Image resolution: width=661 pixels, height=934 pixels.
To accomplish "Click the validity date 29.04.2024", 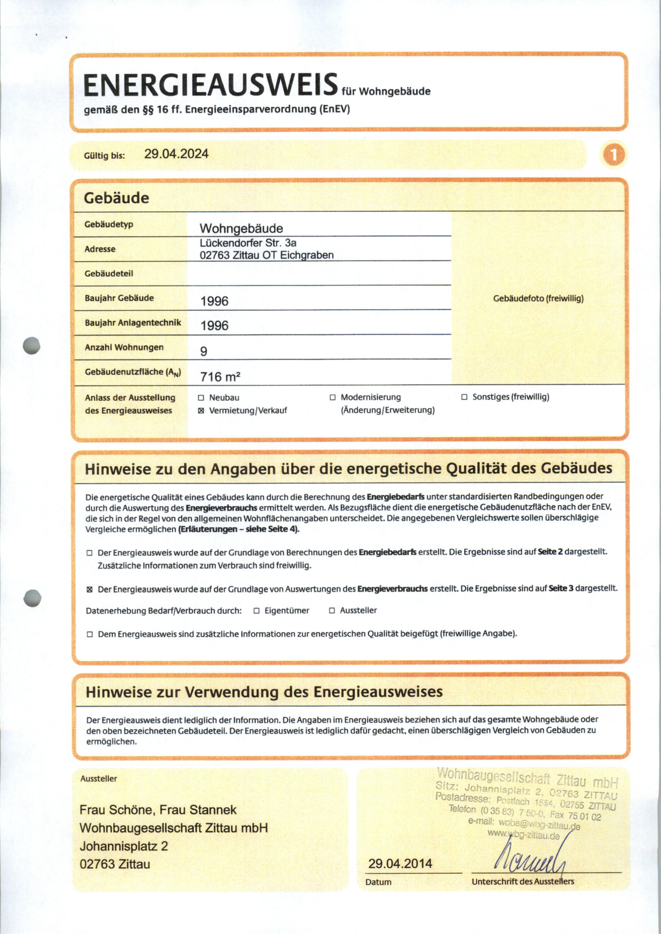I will coord(176,154).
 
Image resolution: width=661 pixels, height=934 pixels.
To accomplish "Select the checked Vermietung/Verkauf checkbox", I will coord(201,411).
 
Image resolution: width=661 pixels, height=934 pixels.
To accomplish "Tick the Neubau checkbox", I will coord(201,398).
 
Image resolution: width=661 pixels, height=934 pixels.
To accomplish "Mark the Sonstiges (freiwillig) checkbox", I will coord(464,397).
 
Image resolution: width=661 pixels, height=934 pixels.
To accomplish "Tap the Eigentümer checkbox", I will coord(256,610).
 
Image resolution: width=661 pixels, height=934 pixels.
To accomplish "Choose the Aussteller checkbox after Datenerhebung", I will coord(332,610).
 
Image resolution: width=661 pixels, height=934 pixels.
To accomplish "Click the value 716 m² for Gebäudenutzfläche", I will coord(220,377).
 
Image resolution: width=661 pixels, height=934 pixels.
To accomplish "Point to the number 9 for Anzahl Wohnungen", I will coord(204,351).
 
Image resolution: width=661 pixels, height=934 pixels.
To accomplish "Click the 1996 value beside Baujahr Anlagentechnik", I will coord(214,325).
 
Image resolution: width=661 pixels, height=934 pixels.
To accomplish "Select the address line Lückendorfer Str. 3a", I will coord(248,243).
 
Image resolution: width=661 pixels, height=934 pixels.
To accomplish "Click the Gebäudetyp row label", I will coord(109,224).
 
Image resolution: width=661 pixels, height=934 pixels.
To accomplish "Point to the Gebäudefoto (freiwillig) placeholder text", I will coord(538,298).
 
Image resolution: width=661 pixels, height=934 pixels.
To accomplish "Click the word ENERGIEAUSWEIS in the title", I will coord(210,85).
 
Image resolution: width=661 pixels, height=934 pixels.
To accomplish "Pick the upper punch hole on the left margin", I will coord(32,346).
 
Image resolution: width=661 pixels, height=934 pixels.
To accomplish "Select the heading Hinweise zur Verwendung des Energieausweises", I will coord(264,691).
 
